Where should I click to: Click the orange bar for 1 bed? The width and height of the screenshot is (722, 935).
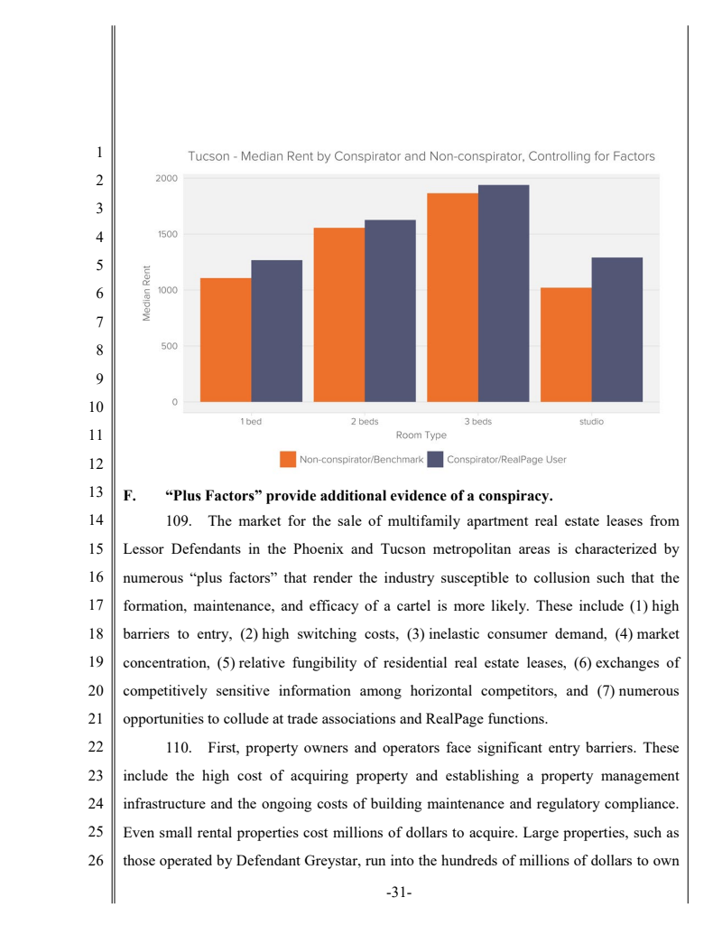tap(226, 340)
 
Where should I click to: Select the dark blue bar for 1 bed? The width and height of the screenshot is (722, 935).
tap(277, 331)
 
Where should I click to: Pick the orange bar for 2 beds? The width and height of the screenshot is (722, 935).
tap(339, 314)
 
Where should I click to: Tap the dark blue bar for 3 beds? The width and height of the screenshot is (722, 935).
tap(504, 294)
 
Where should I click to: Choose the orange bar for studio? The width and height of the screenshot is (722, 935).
tap(566, 344)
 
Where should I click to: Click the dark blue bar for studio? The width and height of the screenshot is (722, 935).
tap(617, 330)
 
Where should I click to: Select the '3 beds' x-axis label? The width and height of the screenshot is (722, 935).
tap(478, 422)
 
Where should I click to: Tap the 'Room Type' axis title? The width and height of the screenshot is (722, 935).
tap(421, 435)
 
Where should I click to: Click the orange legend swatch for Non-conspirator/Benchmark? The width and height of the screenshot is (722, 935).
tap(288, 460)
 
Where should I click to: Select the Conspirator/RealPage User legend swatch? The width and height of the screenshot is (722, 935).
tap(435, 460)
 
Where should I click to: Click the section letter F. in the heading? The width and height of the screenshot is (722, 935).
tap(129, 495)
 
